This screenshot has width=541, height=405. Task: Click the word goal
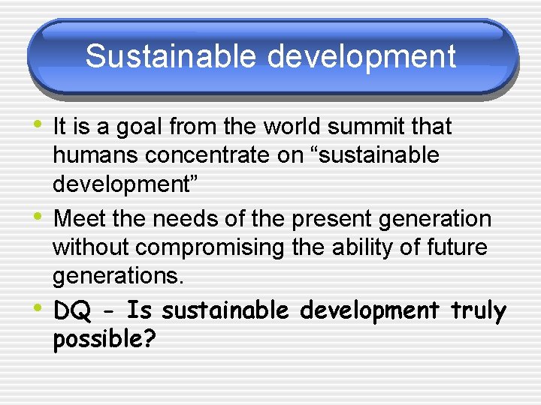tap(139, 128)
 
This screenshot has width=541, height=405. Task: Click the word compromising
tap(205, 247)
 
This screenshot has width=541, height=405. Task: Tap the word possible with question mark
tap(104, 340)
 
